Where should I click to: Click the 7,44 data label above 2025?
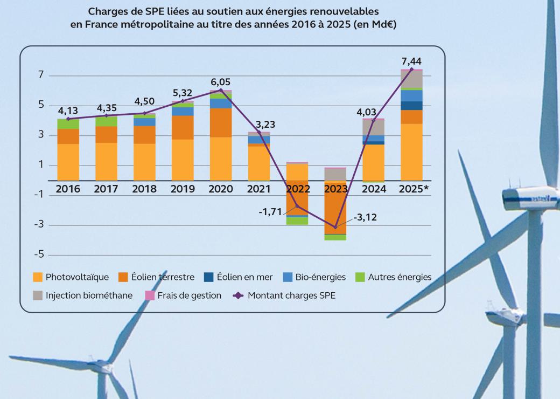(x=411, y=60)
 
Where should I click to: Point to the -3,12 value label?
(x=365, y=218)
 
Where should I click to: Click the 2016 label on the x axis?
(x=68, y=189)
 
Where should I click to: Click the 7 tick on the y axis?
(x=41, y=75)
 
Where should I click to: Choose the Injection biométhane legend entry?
(x=83, y=295)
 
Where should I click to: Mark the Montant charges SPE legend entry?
(x=285, y=295)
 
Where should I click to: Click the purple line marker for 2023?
(x=335, y=227)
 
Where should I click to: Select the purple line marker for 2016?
(x=68, y=119)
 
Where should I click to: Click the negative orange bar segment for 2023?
(x=335, y=208)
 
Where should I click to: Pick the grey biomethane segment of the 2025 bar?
(x=411, y=79)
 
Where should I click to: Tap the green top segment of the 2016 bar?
(x=68, y=124)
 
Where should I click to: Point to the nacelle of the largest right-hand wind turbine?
(x=530, y=198)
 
